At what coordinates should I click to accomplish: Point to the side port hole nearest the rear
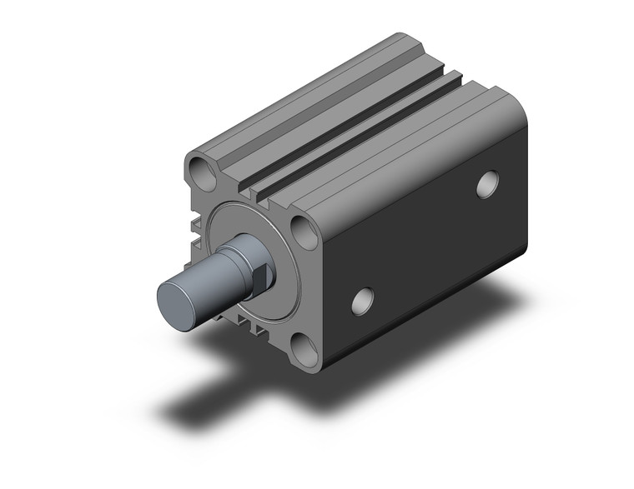[x=488, y=184]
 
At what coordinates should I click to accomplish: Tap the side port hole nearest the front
[x=363, y=301]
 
